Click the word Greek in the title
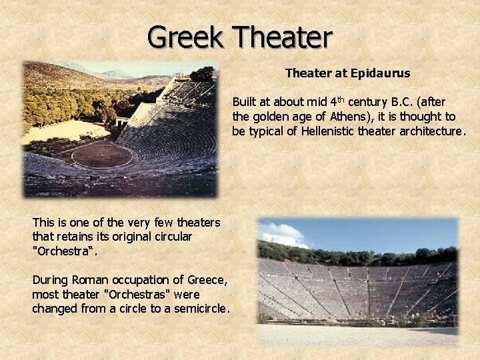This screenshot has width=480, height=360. click(187, 37)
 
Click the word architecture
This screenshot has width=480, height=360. click(430, 131)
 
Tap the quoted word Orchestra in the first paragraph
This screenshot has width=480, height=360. click(65, 251)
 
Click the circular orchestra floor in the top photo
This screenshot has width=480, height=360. click(102, 156)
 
